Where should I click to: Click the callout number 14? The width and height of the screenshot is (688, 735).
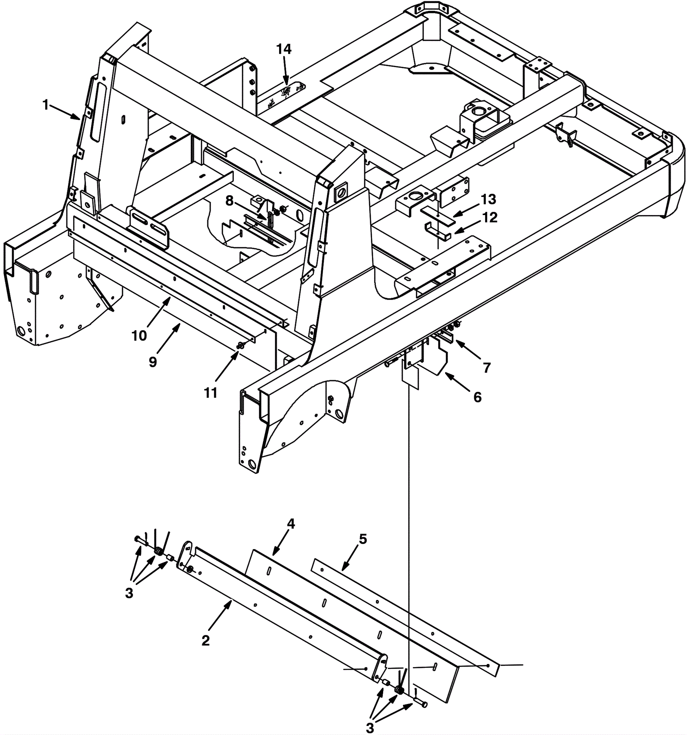click(284, 49)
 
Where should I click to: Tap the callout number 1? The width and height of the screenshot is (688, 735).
click(46, 105)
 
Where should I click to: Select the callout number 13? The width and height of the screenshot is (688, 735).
click(488, 199)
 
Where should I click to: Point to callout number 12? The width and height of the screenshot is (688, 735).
click(490, 218)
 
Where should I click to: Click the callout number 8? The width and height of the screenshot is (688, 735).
click(229, 200)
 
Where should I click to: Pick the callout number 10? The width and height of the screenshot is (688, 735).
click(139, 335)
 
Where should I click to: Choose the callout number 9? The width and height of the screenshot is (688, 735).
click(153, 362)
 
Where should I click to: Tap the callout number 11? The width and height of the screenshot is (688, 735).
click(211, 393)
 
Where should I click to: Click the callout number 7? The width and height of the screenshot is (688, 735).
click(487, 368)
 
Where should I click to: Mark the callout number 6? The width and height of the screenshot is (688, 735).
click(477, 397)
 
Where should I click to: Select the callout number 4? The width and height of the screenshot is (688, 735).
click(291, 523)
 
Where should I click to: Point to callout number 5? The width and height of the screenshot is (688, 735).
click(363, 539)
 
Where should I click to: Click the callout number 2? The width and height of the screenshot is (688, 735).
click(206, 640)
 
